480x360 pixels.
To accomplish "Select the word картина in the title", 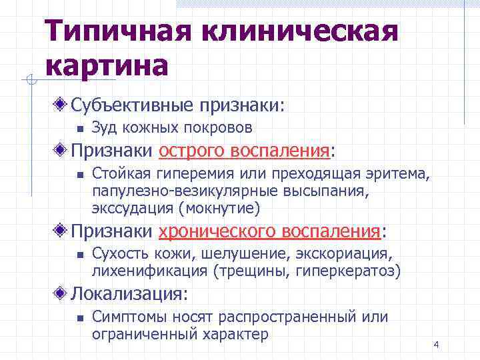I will point(107,67).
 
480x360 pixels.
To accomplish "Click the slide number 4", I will point(436,345).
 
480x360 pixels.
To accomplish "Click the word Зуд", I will point(105,128).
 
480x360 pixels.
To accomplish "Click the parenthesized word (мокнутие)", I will point(219,208).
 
